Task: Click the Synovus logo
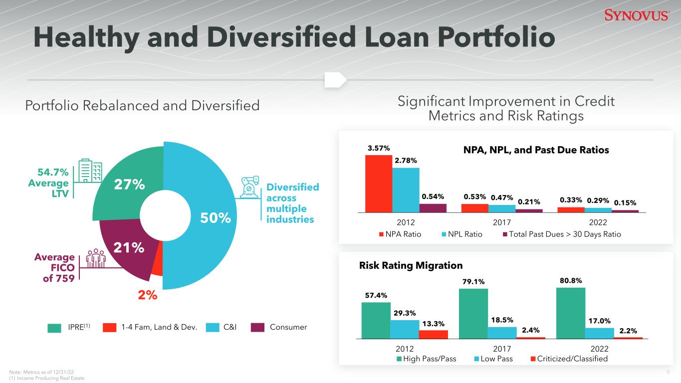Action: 637,15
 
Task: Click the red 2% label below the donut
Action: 148,295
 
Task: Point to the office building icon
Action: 90,171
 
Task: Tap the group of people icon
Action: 96,258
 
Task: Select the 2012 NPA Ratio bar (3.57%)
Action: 379,184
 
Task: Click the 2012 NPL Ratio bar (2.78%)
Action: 406,190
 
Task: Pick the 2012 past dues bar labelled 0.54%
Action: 433,208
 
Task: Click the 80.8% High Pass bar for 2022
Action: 571,313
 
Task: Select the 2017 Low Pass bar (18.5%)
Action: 502,333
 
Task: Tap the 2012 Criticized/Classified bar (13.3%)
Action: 433,334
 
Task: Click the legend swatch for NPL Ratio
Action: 444,234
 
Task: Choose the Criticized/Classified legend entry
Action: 569,359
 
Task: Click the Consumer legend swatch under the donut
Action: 257,327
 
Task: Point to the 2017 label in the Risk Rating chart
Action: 502,349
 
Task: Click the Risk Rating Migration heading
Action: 411,265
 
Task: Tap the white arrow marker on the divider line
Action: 336,80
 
